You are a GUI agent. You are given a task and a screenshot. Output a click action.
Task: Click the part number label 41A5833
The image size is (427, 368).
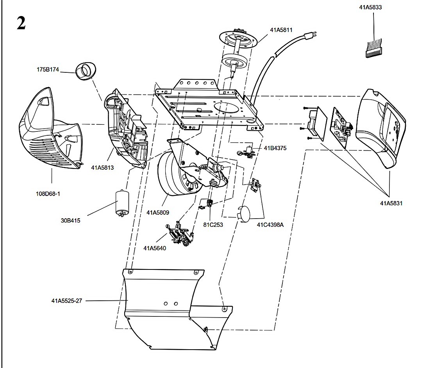click(x=370, y=7)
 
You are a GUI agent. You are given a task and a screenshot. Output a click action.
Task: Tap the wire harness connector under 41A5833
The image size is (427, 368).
click(x=373, y=49)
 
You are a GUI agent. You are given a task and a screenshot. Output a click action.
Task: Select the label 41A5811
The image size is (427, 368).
click(x=281, y=30)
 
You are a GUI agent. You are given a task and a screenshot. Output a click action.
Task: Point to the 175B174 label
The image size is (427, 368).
click(x=48, y=70)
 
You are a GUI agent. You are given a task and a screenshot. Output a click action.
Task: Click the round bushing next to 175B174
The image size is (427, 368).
click(x=86, y=71)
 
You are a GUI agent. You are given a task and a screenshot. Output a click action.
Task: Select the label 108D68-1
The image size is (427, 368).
click(x=48, y=194)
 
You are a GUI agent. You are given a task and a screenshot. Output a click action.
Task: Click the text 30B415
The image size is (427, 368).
click(x=71, y=221)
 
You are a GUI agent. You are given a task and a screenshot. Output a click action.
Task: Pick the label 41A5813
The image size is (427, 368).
click(x=102, y=168)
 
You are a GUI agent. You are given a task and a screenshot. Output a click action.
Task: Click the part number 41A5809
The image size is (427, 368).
click(x=158, y=213)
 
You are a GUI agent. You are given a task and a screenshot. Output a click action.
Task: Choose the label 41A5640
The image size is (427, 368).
click(x=155, y=248)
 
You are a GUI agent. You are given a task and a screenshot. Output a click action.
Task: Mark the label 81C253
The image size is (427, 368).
click(x=213, y=225)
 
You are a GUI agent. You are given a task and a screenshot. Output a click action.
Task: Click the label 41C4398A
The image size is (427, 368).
click(x=270, y=225)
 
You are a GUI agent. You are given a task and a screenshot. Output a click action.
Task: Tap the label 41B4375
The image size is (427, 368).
click(x=275, y=148)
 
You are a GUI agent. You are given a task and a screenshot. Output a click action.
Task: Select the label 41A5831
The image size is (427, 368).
click(x=391, y=203)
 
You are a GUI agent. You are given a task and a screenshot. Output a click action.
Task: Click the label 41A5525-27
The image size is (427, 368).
click(x=67, y=301)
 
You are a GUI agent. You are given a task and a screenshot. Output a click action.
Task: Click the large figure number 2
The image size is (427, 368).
click(x=21, y=23)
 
